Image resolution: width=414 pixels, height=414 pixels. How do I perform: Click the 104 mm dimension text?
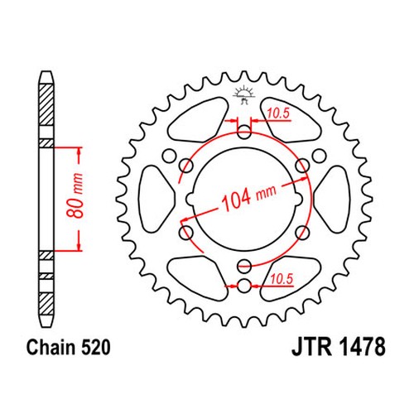click(248, 197)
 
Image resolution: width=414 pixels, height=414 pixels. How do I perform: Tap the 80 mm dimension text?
click(75, 195)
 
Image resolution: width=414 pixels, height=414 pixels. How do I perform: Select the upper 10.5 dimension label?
click(278, 113)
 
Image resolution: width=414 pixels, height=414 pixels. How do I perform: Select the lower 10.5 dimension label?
click(282, 279)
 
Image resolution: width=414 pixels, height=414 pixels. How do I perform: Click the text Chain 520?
click(68, 347)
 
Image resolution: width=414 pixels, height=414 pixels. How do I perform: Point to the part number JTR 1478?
click(339, 347)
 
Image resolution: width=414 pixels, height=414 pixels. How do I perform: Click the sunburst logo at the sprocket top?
click(243, 94)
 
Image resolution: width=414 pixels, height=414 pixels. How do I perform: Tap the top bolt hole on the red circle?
click(244, 132)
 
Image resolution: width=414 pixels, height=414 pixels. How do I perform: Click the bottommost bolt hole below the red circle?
click(244, 286)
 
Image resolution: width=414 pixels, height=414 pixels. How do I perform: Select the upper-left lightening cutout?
click(198, 119)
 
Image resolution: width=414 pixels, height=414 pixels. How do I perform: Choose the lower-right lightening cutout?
click(291, 278)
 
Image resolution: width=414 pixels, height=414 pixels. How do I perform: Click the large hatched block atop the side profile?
click(46, 104)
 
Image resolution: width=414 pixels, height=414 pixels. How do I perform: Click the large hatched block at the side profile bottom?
click(46, 304)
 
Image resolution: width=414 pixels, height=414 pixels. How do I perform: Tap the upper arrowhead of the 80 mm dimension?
click(79, 152)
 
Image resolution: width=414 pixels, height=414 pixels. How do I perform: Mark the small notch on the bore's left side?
click(190, 199)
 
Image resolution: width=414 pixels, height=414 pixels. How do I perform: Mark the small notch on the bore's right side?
click(298, 199)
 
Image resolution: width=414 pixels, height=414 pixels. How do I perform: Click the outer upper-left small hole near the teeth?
click(169, 156)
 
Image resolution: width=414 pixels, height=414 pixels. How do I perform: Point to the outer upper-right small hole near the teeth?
click(319, 156)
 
